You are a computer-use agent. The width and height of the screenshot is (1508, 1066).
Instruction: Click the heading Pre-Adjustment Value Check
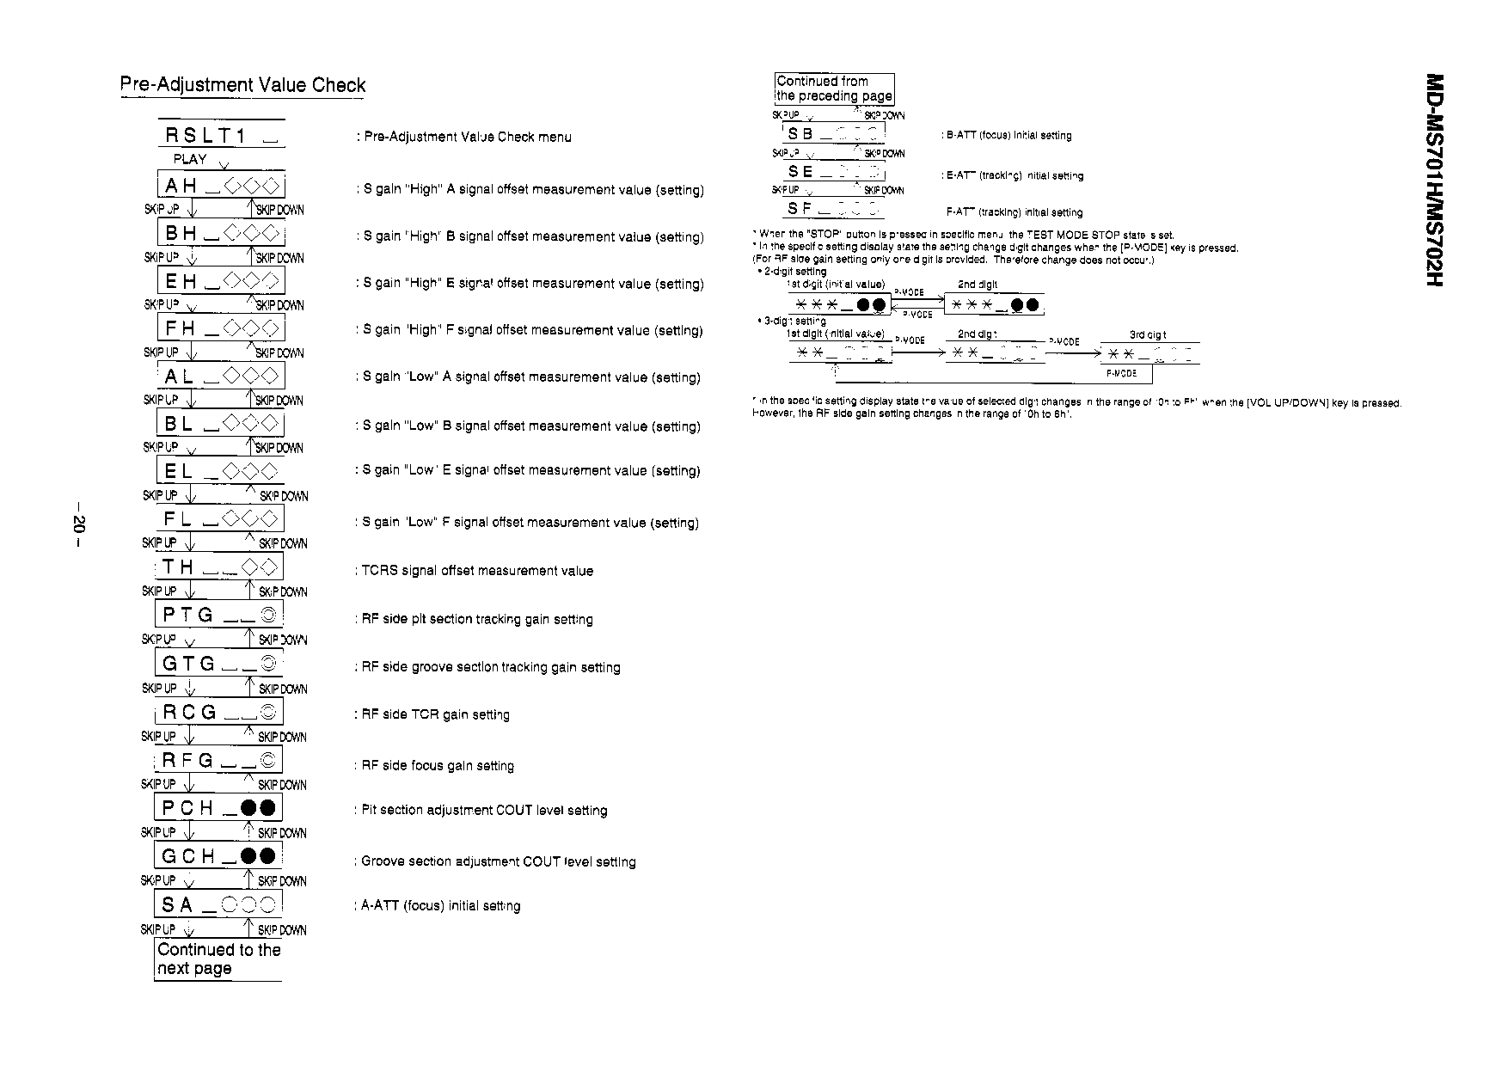coord(242,85)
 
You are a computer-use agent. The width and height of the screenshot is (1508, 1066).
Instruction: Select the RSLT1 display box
coord(221,135)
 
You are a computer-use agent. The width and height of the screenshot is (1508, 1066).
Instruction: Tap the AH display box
coord(221,186)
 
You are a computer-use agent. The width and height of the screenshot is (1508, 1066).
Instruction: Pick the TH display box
coord(220,567)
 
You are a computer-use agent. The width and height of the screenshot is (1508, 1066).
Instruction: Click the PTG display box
coord(219,615)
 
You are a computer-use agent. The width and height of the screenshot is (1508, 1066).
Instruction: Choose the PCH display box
coord(218,807)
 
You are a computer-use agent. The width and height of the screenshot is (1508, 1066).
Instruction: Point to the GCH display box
coord(218,855)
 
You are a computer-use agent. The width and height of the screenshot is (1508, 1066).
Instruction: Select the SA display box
coord(218,904)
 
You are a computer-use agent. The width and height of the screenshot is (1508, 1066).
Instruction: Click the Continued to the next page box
coord(218,959)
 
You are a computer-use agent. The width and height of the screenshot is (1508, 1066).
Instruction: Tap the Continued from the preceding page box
coord(834,89)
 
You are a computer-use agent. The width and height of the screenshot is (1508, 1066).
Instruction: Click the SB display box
coord(833,134)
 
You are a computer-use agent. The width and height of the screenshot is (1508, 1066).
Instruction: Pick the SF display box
coord(833,209)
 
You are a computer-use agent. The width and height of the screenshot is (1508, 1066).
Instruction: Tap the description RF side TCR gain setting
coord(435,714)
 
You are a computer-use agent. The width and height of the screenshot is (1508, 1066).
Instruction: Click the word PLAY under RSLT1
coord(190,159)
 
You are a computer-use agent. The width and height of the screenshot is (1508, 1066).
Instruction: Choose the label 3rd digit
coord(1148,335)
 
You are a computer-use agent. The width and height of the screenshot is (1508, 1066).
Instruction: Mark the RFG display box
coord(218,760)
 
